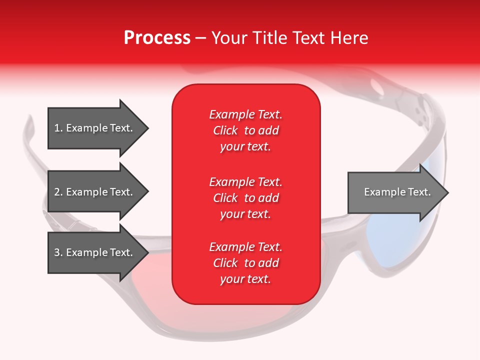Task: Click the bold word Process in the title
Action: click(157, 38)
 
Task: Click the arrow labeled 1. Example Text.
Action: click(95, 128)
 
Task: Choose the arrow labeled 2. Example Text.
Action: click(95, 192)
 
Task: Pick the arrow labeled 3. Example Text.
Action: click(95, 252)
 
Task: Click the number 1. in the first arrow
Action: click(58, 128)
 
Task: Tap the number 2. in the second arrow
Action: click(58, 192)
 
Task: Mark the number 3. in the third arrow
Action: click(58, 252)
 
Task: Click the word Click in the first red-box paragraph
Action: click(225, 130)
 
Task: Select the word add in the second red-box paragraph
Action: click(268, 198)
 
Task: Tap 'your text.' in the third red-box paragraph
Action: click(245, 279)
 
